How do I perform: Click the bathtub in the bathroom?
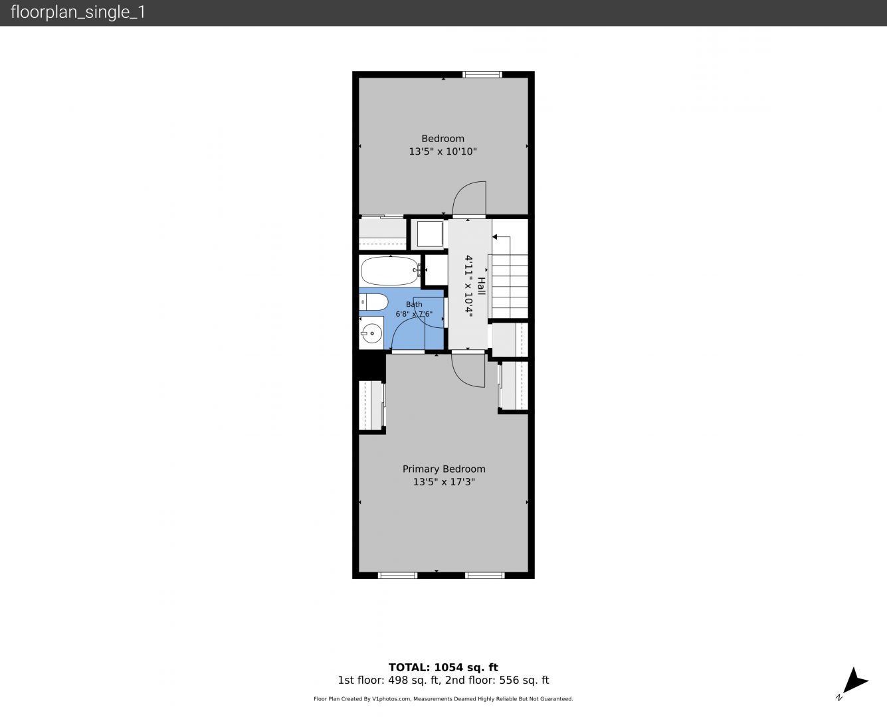(x=390, y=270)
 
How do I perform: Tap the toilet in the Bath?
(x=373, y=302)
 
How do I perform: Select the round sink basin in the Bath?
(x=371, y=333)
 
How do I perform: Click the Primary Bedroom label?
(x=444, y=469)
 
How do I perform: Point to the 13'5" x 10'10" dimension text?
(x=443, y=151)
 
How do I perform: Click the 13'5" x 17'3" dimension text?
(x=444, y=482)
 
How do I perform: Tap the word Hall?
(x=481, y=286)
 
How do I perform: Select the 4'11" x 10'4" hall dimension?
(x=469, y=286)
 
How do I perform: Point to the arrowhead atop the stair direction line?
(x=495, y=237)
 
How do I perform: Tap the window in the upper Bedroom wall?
(x=482, y=74)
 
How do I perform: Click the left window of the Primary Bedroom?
(x=397, y=576)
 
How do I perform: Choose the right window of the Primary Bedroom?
(x=485, y=576)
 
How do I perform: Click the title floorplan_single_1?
(x=78, y=13)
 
